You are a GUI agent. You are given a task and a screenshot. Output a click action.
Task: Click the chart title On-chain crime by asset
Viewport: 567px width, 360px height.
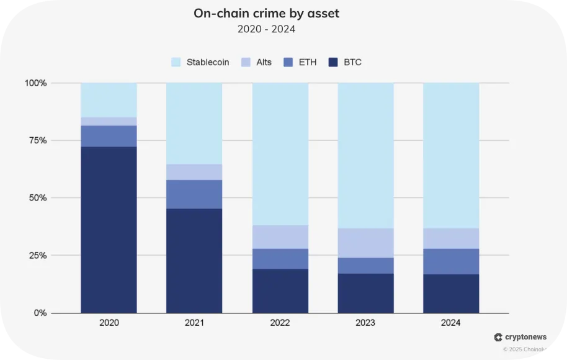(266, 13)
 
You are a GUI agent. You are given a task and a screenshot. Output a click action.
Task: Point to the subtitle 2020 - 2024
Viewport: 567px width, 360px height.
(266, 29)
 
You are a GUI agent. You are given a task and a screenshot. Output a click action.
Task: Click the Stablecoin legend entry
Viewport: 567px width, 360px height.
(200, 62)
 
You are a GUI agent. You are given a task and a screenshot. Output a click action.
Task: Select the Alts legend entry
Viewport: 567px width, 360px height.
(257, 62)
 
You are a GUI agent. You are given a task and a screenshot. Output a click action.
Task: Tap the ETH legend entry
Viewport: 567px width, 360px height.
(300, 62)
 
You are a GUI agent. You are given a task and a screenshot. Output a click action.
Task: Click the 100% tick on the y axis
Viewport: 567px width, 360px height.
(35, 83)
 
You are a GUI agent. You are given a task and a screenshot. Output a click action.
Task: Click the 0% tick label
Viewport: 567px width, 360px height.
(40, 313)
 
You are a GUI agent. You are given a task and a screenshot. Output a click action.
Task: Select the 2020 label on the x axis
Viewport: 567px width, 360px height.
(109, 323)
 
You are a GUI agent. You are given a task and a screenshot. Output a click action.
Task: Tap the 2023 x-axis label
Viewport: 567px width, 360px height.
(365, 323)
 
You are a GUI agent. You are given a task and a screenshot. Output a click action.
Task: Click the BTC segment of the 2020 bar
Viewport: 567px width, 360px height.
(109, 230)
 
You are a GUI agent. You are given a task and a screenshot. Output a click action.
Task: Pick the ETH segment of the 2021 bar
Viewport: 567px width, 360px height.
(194, 194)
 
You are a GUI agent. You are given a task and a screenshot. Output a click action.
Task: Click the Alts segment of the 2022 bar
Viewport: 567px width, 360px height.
(280, 236)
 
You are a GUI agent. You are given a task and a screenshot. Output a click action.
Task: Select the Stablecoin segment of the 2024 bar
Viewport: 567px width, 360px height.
(451, 155)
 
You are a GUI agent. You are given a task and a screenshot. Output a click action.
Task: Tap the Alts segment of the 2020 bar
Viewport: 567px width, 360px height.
(109, 121)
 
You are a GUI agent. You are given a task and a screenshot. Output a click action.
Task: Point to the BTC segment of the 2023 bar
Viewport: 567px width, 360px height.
(365, 293)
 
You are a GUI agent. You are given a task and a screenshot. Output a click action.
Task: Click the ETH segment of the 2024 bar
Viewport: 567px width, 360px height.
(451, 261)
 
